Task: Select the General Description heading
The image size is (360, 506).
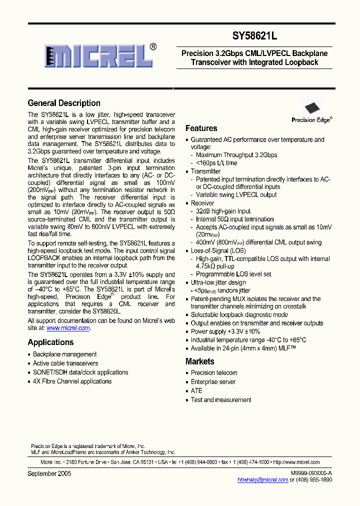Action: [x=64, y=103]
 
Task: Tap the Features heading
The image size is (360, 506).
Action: [x=201, y=128]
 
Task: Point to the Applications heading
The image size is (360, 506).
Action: [x=50, y=342]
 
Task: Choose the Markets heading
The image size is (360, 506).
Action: [x=199, y=361]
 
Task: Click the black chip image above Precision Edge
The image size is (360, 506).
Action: [x=311, y=107]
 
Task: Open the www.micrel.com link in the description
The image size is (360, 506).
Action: [x=68, y=328]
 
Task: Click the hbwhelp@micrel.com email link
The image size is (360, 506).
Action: [x=262, y=479]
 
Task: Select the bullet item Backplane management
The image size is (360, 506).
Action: [x=64, y=354]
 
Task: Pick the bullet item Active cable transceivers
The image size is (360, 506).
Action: [x=65, y=363]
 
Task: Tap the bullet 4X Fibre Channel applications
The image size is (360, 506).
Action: [x=72, y=381]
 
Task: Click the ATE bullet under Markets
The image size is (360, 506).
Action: [x=196, y=391]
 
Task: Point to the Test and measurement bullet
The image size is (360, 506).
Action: [x=221, y=400]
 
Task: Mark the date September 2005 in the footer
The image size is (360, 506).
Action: [x=49, y=473]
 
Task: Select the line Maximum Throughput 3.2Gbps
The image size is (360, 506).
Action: [x=236, y=155]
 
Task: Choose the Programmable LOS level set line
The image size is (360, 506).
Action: [x=233, y=274]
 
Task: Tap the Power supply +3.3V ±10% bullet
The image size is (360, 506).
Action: [x=225, y=331]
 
